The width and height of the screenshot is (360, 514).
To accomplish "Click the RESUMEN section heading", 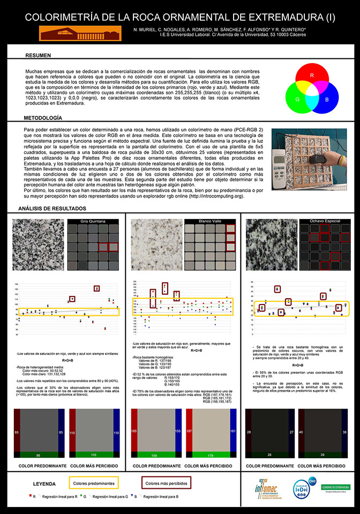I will coord(38,55).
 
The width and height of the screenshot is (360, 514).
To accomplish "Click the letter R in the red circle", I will coord(312,75).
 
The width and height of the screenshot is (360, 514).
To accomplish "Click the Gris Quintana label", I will coord(92,221).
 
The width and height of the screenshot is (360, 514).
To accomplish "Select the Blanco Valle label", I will coord(209,221).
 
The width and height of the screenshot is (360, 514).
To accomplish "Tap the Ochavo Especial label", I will coord(324,221).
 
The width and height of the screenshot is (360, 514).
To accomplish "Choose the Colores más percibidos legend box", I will coord(166,483).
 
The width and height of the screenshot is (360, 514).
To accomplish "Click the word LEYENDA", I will coord(44,483).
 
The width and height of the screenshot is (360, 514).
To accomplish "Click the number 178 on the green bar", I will coord(211,456).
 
